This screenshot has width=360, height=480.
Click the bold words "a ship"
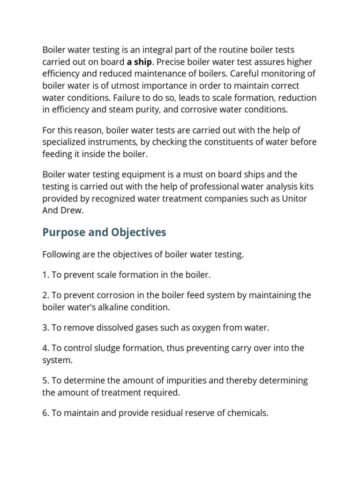(x=140, y=62)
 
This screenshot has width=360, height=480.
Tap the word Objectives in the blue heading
(x=138, y=232)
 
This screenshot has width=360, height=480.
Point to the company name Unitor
(x=294, y=198)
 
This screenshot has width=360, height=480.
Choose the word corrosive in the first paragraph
(x=207, y=110)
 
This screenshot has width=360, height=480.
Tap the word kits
(x=306, y=187)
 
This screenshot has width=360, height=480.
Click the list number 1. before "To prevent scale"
(x=46, y=275)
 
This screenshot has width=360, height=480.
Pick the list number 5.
(x=46, y=381)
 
